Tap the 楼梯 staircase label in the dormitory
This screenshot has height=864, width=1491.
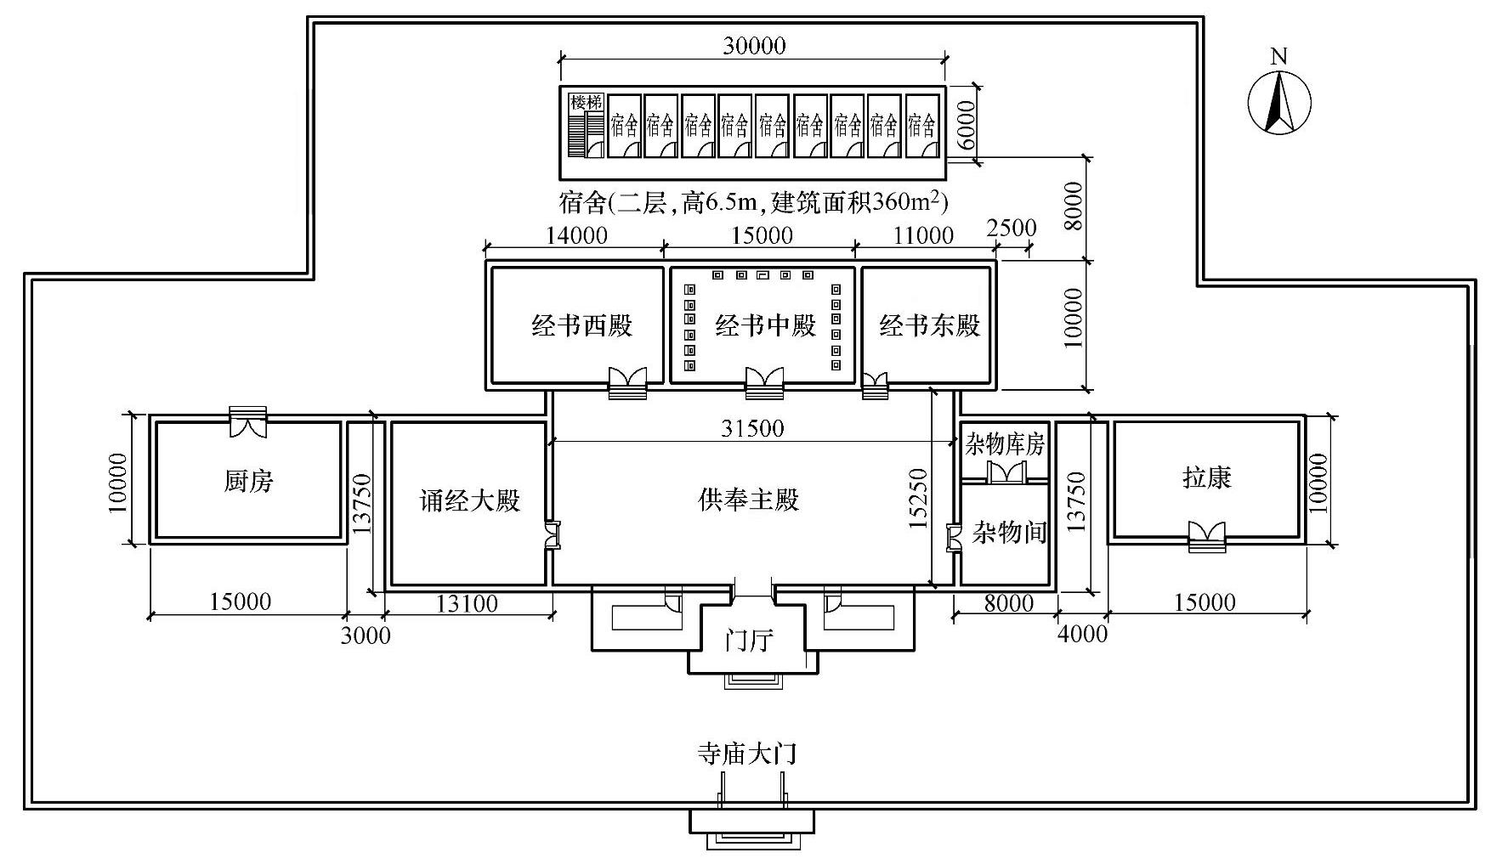[587, 103]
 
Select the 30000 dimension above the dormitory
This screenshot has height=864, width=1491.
[754, 45]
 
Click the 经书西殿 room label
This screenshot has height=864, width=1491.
[582, 325]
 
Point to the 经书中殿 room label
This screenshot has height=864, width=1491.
[765, 325]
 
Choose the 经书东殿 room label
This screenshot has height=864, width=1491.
[930, 325]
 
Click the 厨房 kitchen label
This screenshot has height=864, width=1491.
[249, 482]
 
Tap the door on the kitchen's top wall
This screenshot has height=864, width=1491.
[248, 422]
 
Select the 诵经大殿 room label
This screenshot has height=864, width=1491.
[469, 500]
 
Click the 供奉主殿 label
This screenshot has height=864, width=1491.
[749, 500]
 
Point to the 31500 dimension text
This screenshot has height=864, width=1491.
[752, 429]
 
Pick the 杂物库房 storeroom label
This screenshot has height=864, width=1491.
[1005, 444]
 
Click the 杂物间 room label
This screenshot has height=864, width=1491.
[1010, 533]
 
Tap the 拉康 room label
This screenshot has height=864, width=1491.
[1207, 477]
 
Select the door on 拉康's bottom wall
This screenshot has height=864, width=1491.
[1207, 537]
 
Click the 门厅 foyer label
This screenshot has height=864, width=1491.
[749, 640]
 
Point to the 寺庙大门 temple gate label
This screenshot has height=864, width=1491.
[747, 754]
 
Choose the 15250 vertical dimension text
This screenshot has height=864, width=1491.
[917, 499]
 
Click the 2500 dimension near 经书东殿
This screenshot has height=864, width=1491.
[1012, 228]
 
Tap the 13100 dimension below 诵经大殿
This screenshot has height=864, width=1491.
[467, 604]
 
